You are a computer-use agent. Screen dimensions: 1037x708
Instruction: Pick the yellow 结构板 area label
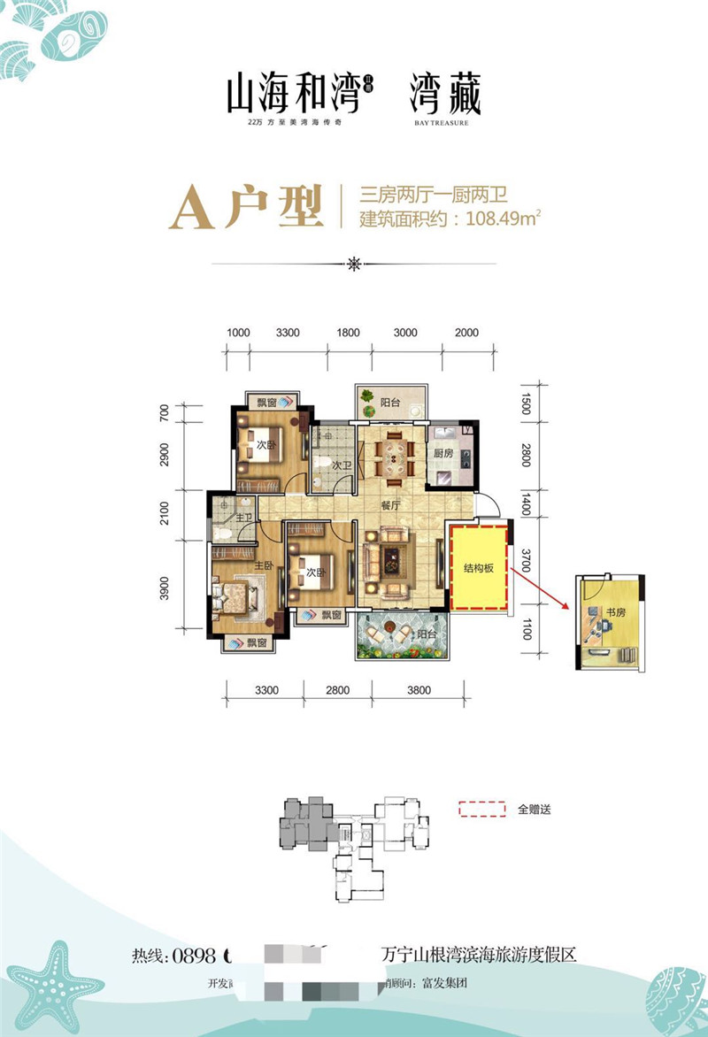click(x=478, y=569)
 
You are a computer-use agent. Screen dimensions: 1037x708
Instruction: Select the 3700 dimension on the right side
click(x=526, y=559)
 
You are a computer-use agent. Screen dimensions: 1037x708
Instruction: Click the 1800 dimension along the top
click(x=348, y=333)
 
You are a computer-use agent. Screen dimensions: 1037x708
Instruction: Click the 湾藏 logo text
click(x=445, y=95)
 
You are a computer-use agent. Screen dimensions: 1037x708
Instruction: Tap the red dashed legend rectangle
click(x=481, y=808)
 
